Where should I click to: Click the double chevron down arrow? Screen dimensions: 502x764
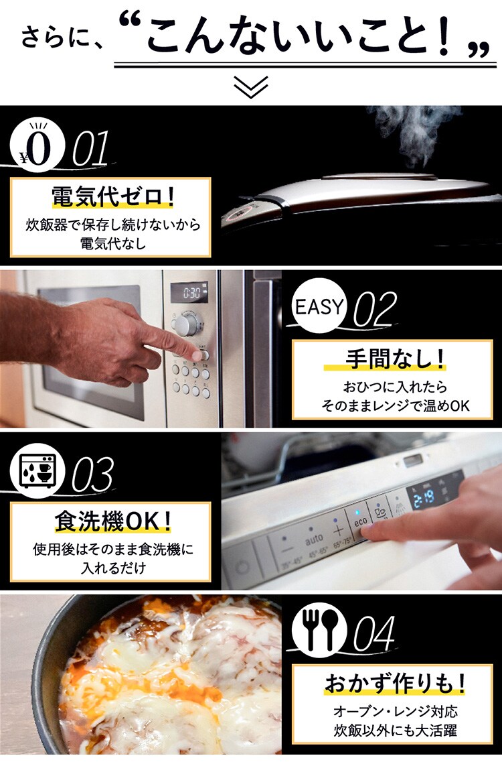click(x=250, y=86)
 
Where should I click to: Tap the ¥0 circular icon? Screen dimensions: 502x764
click(x=37, y=145)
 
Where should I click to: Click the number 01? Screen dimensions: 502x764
click(x=90, y=149)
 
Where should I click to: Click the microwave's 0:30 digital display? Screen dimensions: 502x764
click(x=192, y=293)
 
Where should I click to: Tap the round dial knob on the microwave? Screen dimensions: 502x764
click(x=187, y=324)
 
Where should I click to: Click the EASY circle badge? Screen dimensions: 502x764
click(x=319, y=306)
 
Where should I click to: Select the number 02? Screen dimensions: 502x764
click(x=375, y=310)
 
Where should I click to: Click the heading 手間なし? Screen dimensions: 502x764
click(x=395, y=360)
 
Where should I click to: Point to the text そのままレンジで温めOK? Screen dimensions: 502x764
click(x=396, y=406)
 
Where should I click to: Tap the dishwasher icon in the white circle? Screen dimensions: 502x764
click(x=37, y=470)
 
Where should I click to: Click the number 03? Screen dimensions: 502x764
click(x=92, y=474)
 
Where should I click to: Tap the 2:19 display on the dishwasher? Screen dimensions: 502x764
click(x=424, y=499)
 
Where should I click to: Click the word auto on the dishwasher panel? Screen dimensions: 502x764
click(x=314, y=539)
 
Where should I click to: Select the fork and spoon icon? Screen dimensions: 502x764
click(x=319, y=630)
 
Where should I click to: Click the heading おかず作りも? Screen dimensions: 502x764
click(x=395, y=683)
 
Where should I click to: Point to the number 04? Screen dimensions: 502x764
click(x=374, y=633)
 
